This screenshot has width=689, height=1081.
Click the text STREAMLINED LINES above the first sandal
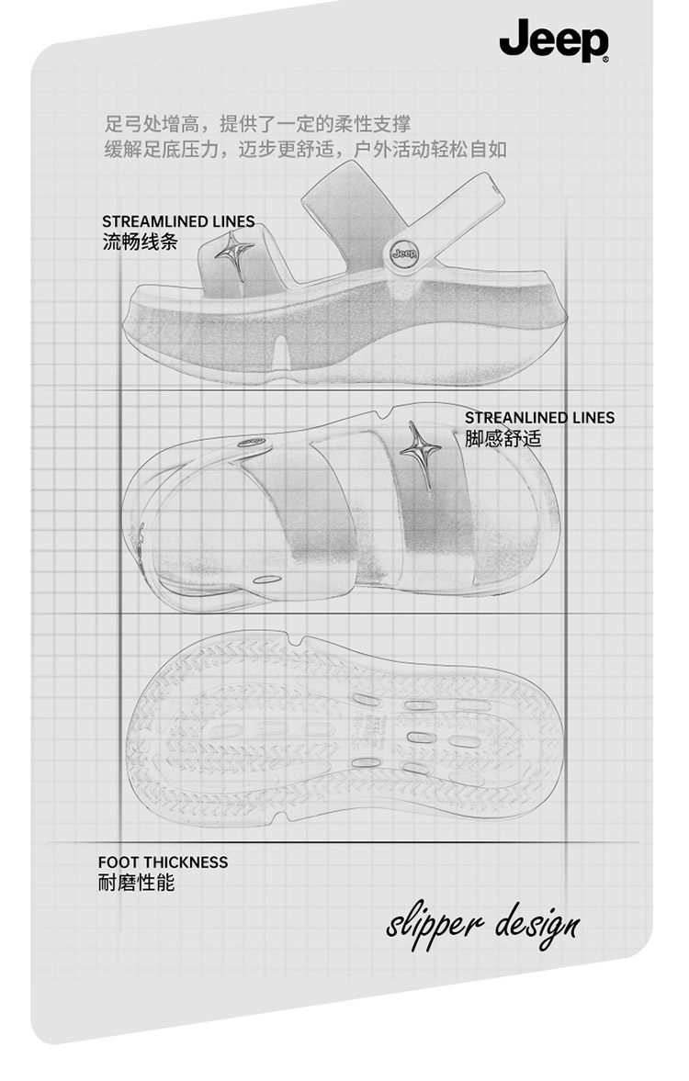178,221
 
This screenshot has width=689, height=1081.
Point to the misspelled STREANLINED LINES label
539,418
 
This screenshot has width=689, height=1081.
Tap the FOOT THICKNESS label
163,861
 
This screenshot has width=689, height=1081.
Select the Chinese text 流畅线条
138,242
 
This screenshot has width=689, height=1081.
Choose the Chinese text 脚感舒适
503,438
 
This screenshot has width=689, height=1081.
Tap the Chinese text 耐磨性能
136,883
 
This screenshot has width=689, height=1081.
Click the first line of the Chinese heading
258,124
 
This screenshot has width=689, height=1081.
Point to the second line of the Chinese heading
306,149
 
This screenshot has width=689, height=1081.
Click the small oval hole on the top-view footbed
267,580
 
